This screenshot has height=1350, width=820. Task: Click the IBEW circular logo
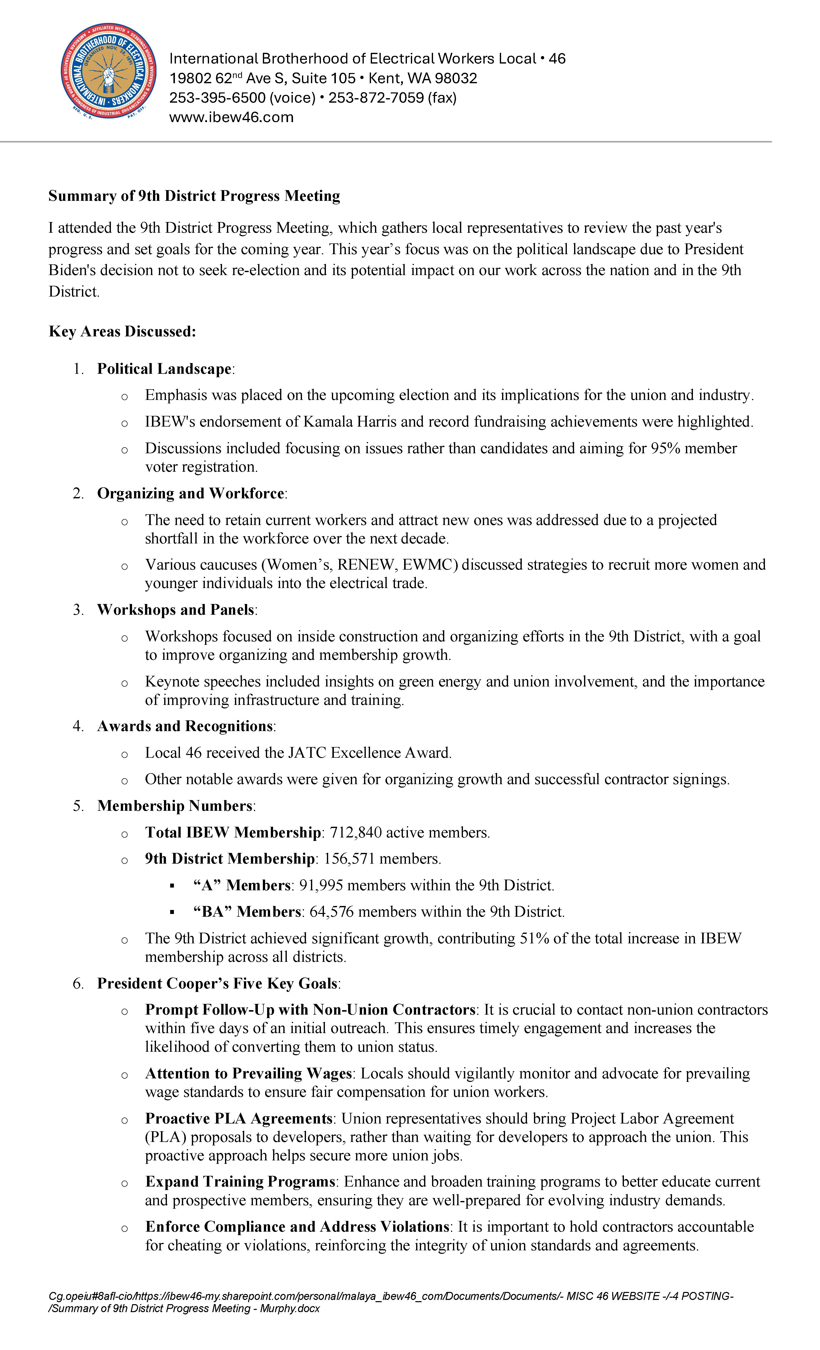(108, 71)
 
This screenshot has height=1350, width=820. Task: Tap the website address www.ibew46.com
(231, 117)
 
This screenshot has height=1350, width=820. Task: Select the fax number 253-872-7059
(376, 98)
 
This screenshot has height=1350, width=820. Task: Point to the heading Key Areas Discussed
(122, 331)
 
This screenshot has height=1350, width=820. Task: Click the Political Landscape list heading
(164, 369)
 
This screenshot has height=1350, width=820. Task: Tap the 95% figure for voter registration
(665, 448)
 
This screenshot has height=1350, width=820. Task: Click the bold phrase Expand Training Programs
(240, 1182)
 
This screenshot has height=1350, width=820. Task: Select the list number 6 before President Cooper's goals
(78, 983)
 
